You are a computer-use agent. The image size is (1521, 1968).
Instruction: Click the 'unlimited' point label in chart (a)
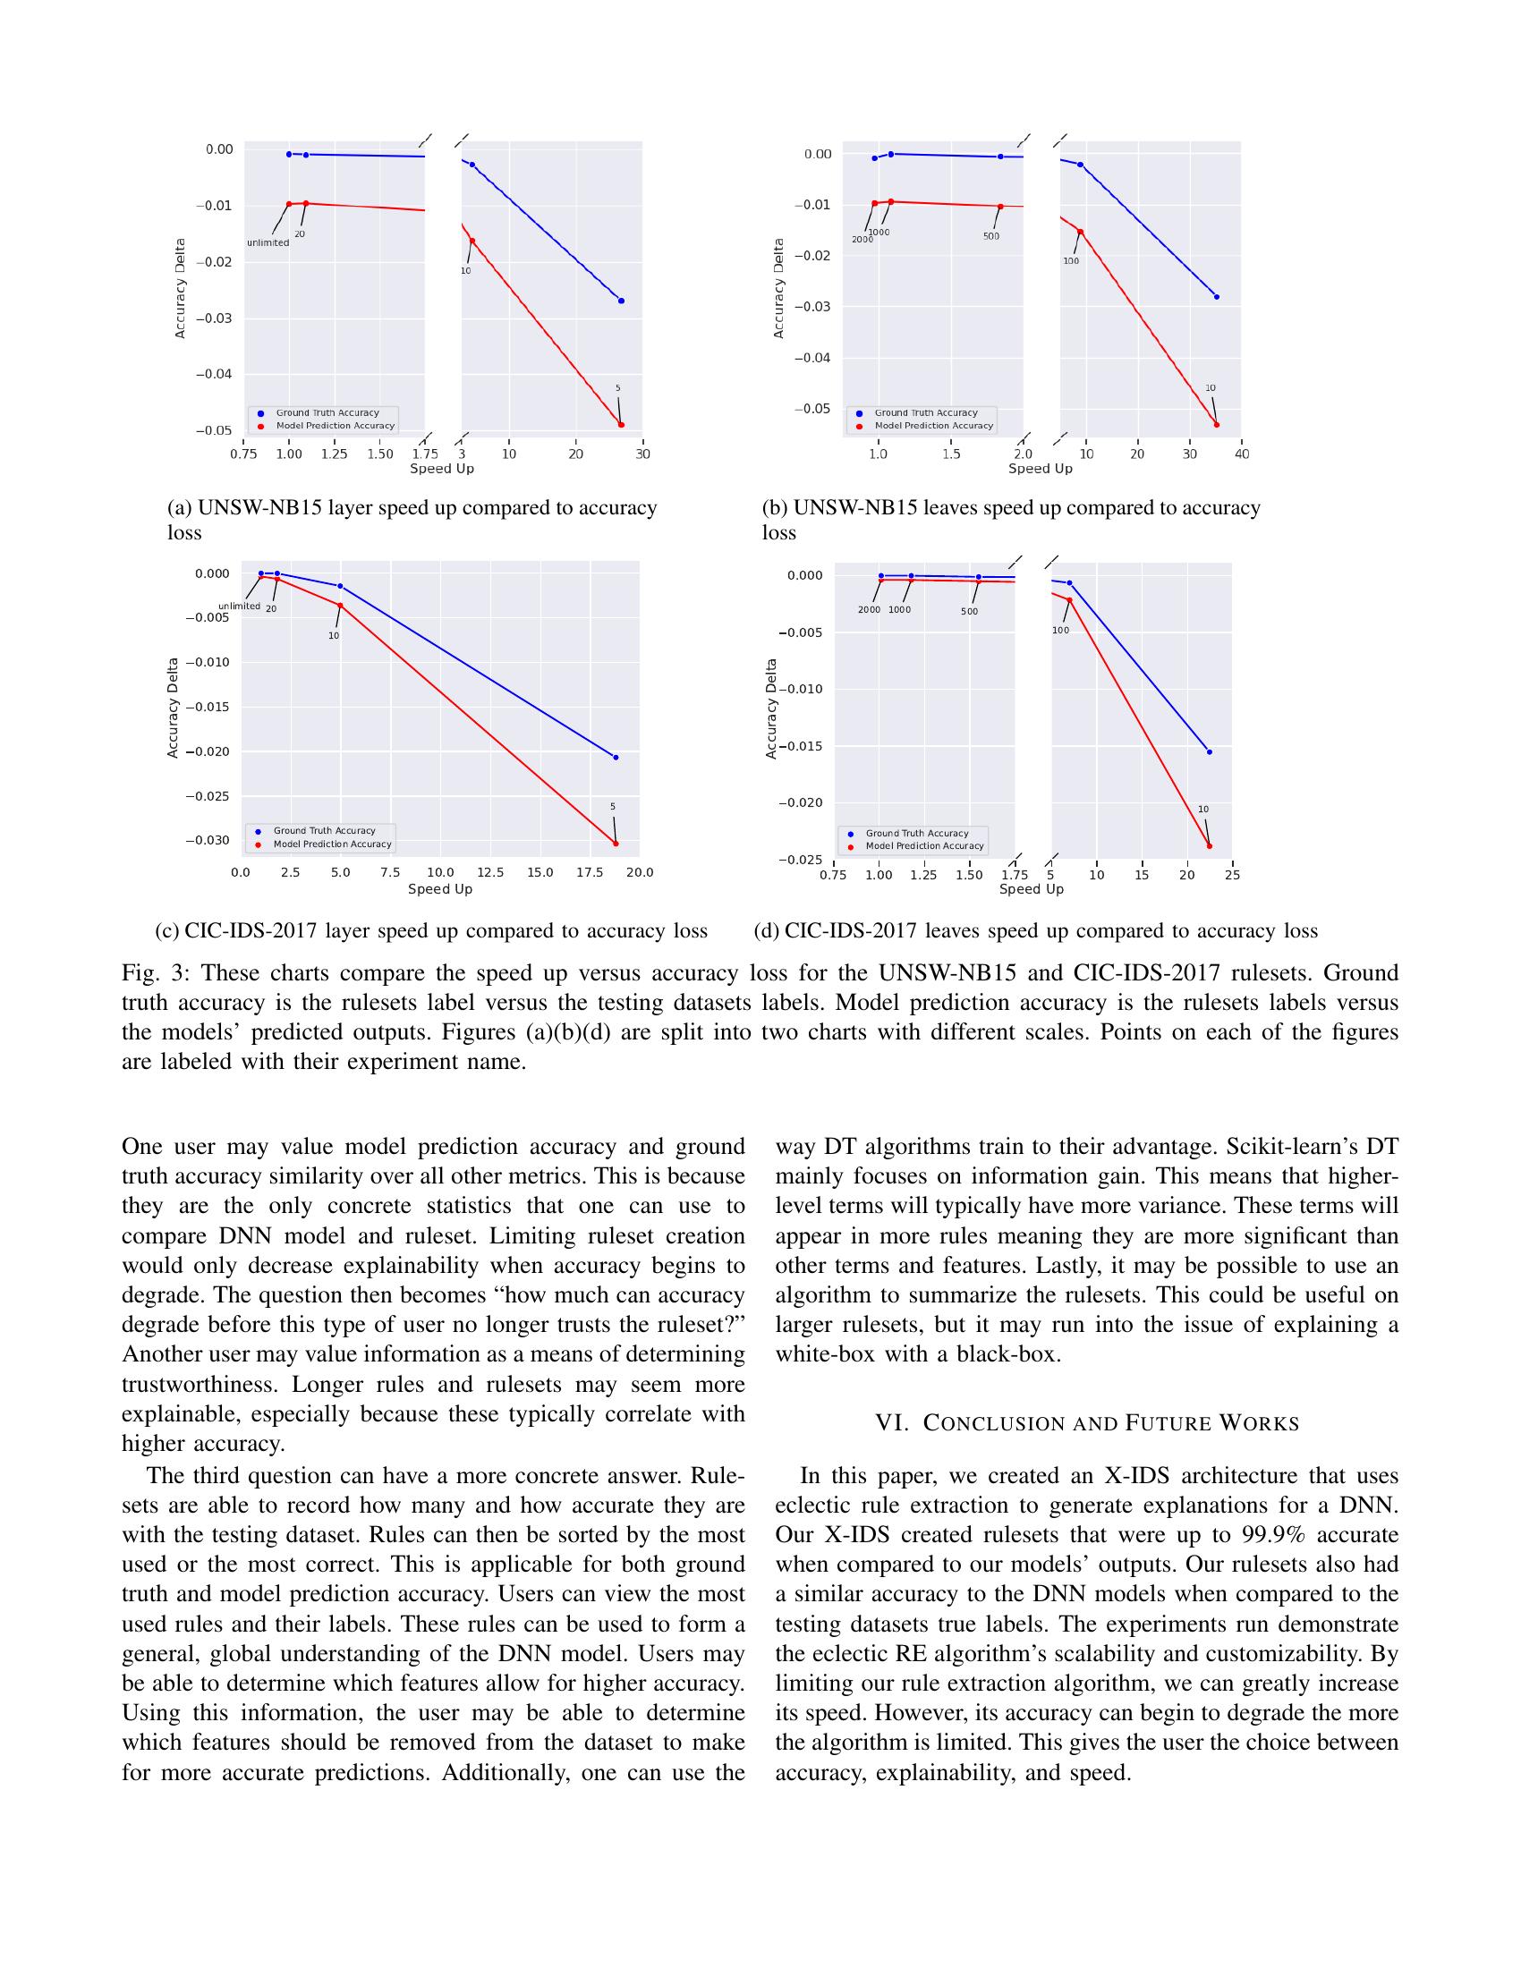(268, 242)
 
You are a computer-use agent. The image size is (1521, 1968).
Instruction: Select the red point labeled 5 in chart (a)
(621, 424)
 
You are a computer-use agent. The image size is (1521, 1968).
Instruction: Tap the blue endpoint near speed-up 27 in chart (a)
(621, 301)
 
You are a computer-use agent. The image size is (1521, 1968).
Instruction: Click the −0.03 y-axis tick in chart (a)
(214, 318)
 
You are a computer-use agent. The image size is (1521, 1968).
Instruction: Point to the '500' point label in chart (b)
(991, 236)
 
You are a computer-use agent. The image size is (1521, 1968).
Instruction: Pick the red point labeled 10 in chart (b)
(1217, 424)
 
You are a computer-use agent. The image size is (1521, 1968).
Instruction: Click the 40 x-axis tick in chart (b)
(1242, 454)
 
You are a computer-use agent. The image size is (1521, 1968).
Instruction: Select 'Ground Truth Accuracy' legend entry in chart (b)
(925, 412)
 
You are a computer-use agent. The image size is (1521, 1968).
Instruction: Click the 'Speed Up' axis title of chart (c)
(439, 889)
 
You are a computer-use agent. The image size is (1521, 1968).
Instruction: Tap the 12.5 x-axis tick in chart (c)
(490, 872)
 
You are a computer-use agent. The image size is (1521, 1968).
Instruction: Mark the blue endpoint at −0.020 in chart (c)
(616, 758)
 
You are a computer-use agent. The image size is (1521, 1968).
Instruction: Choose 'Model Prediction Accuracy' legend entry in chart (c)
(333, 844)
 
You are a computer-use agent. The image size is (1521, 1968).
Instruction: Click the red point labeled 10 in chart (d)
(1210, 846)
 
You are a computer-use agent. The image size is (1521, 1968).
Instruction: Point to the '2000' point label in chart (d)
(869, 610)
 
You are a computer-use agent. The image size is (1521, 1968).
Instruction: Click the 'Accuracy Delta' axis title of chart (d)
(771, 708)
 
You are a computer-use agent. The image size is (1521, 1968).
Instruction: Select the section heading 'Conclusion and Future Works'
(1088, 1424)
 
